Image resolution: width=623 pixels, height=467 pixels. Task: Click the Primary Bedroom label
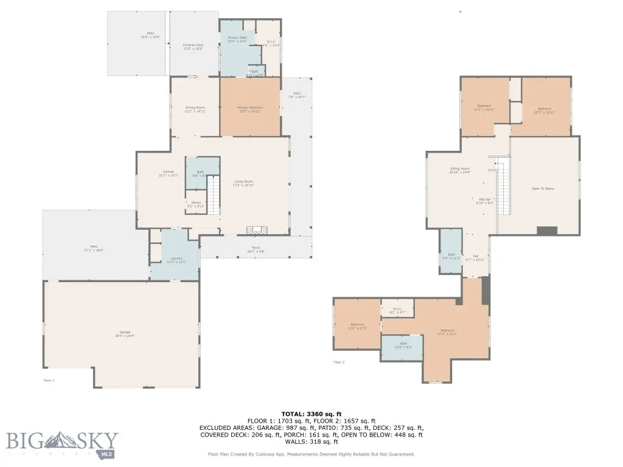[249, 108]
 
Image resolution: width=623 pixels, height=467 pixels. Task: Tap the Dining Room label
[195, 108]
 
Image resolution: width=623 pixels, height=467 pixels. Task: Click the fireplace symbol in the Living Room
[256, 230]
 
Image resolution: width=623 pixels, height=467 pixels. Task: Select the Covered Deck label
[193, 45]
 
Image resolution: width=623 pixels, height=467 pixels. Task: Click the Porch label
[256, 248]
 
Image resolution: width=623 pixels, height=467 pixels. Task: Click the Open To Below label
[543, 189]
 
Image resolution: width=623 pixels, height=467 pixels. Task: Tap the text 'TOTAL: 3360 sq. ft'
[311, 413]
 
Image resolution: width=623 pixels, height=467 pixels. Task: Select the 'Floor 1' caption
[49, 380]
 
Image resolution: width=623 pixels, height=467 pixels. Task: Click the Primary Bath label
[237, 38]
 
